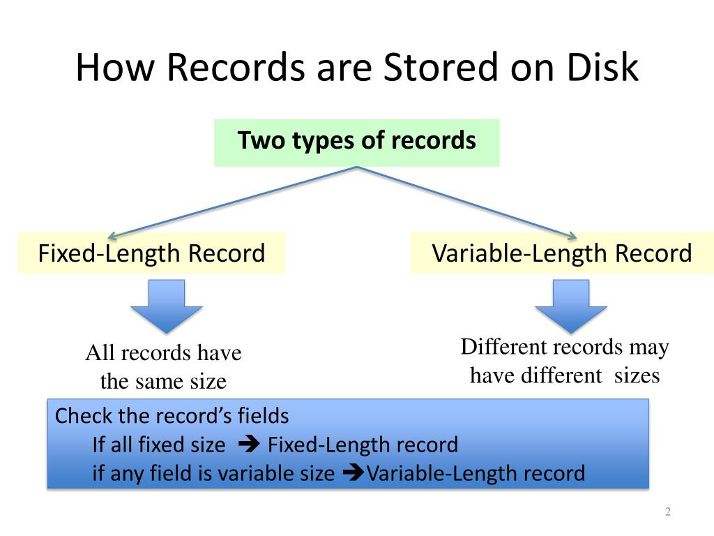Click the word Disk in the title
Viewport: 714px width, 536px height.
point(602,68)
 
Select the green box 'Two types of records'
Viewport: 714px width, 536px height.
point(356,142)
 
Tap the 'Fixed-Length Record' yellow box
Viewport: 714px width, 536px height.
point(151,253)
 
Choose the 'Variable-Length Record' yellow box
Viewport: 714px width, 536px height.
point(562,253)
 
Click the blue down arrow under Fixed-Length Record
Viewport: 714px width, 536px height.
point(166,305)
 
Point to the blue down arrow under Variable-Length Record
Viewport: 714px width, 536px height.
point(570,305)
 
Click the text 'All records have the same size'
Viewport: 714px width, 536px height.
point(163,367)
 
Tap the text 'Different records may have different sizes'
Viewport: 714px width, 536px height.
point(564,361)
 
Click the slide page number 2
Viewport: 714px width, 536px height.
point(667,513)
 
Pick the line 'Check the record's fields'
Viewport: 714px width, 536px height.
point(172,417)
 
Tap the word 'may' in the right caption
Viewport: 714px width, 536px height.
point(648,347)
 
